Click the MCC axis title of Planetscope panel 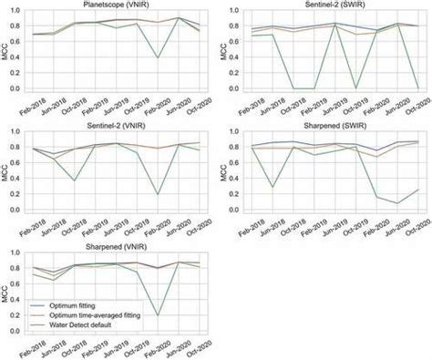[7, 50]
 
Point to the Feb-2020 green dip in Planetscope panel [158, 57]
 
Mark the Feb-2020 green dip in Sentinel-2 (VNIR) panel [158, 194]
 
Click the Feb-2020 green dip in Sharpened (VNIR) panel [158, 315]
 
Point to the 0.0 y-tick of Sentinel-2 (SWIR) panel [235, 88]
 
